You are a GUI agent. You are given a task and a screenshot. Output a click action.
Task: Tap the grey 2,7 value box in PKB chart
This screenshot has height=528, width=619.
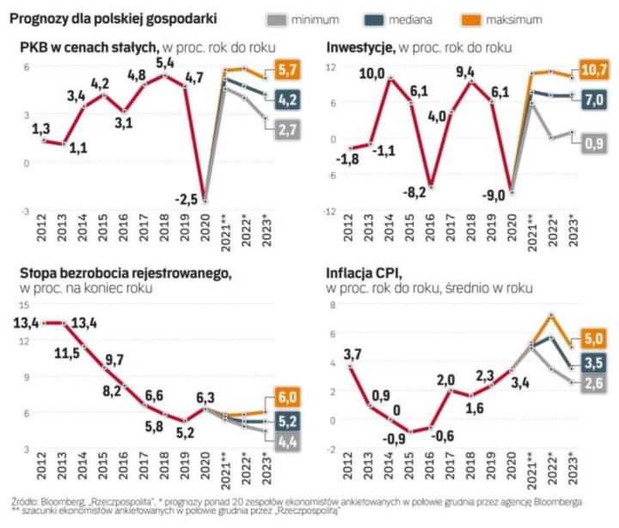coord(289,131)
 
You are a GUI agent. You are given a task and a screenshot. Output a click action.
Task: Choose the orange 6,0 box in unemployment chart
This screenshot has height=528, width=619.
coord(289,397)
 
